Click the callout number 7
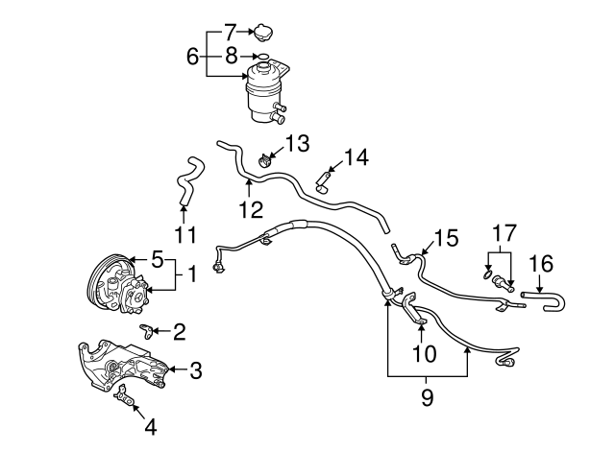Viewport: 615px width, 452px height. click(x=231, y=31)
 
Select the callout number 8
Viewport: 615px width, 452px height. click(x=231, y=57)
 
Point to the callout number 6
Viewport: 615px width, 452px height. click(x=191, y=57)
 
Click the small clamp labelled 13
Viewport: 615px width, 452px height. click(x=268, y=160)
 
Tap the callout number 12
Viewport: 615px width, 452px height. click(x=251, y=209)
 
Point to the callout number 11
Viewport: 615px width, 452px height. click(x=184, y=233)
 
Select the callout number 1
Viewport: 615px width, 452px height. click(x=191, y=275)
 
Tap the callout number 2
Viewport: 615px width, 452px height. click(x=179, y=332)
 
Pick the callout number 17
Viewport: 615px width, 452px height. click(x=504, y=233)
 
